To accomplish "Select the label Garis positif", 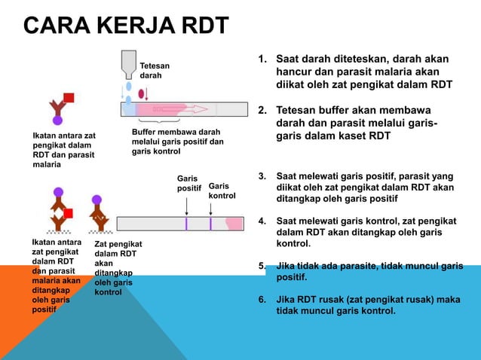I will pyautogui.click(x=188, y=184).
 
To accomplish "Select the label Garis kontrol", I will pyautogui.click(x=222, y=190).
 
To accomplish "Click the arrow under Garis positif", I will pyautogui.click(x=187, y=206).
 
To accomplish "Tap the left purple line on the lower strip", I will pyautogui.click(x=186, y=223).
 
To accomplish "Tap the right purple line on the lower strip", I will pyautogui.click(x=210, y=223).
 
